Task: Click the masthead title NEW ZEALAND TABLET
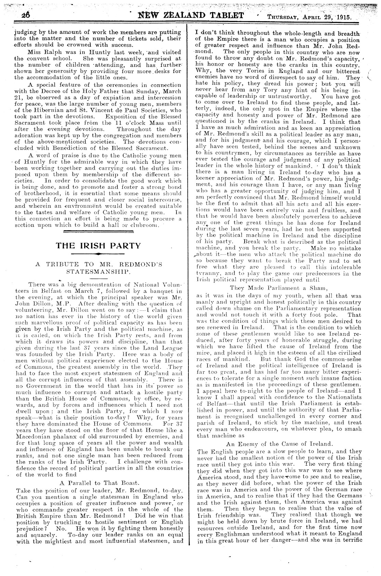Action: pyautogui.click(x=191, y=15)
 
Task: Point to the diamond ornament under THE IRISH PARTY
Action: pyautogui.click(x=98, y=254)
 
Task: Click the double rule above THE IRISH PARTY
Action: pyautogui.click(x=98, y=232)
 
